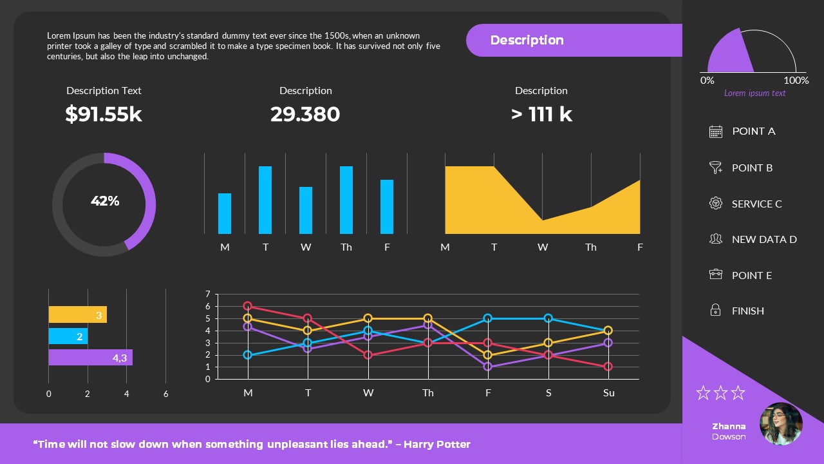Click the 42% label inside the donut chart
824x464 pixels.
[x=105, y=201]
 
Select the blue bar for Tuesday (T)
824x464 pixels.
[x=265, y=200]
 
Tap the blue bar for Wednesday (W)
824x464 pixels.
[x=306, y=210]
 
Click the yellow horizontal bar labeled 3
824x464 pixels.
[x=77, y=314]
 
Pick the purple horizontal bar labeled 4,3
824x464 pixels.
[x=90, y=358]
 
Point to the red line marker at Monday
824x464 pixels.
[x=248, y=306]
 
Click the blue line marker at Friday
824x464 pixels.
[x=488, y=318]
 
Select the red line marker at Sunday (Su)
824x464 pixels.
[x=608, y=367]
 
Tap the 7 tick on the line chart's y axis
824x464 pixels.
[x=208, y=295]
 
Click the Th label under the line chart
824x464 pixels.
[x=428, y=392]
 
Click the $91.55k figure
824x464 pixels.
[x=104, y=114]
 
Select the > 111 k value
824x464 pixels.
[x=541, y=114]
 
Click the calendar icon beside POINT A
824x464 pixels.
[x=715, y=131]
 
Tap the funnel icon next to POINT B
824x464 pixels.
[x=715, y=168]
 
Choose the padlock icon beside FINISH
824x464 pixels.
[x=715, y=311]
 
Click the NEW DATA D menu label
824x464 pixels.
[x=764, y=239]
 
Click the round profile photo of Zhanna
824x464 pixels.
[x=781, y=424]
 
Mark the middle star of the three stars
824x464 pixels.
[x=720, y=392]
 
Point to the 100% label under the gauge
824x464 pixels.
[x=796, y=81]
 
